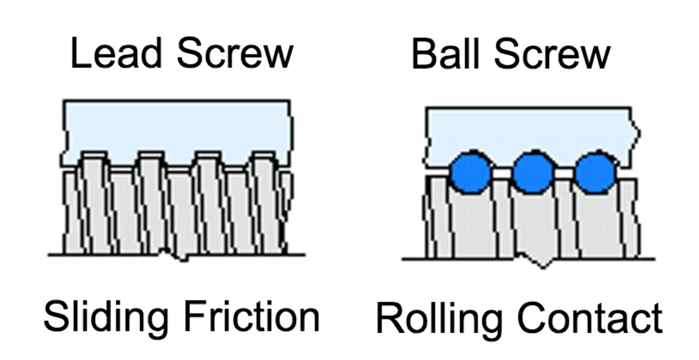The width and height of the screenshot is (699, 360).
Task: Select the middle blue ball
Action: (x=533, y=172)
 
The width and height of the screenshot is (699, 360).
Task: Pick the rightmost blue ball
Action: (x=595, y=172)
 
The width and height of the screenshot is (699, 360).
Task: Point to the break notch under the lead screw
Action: (x=176, y=256)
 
